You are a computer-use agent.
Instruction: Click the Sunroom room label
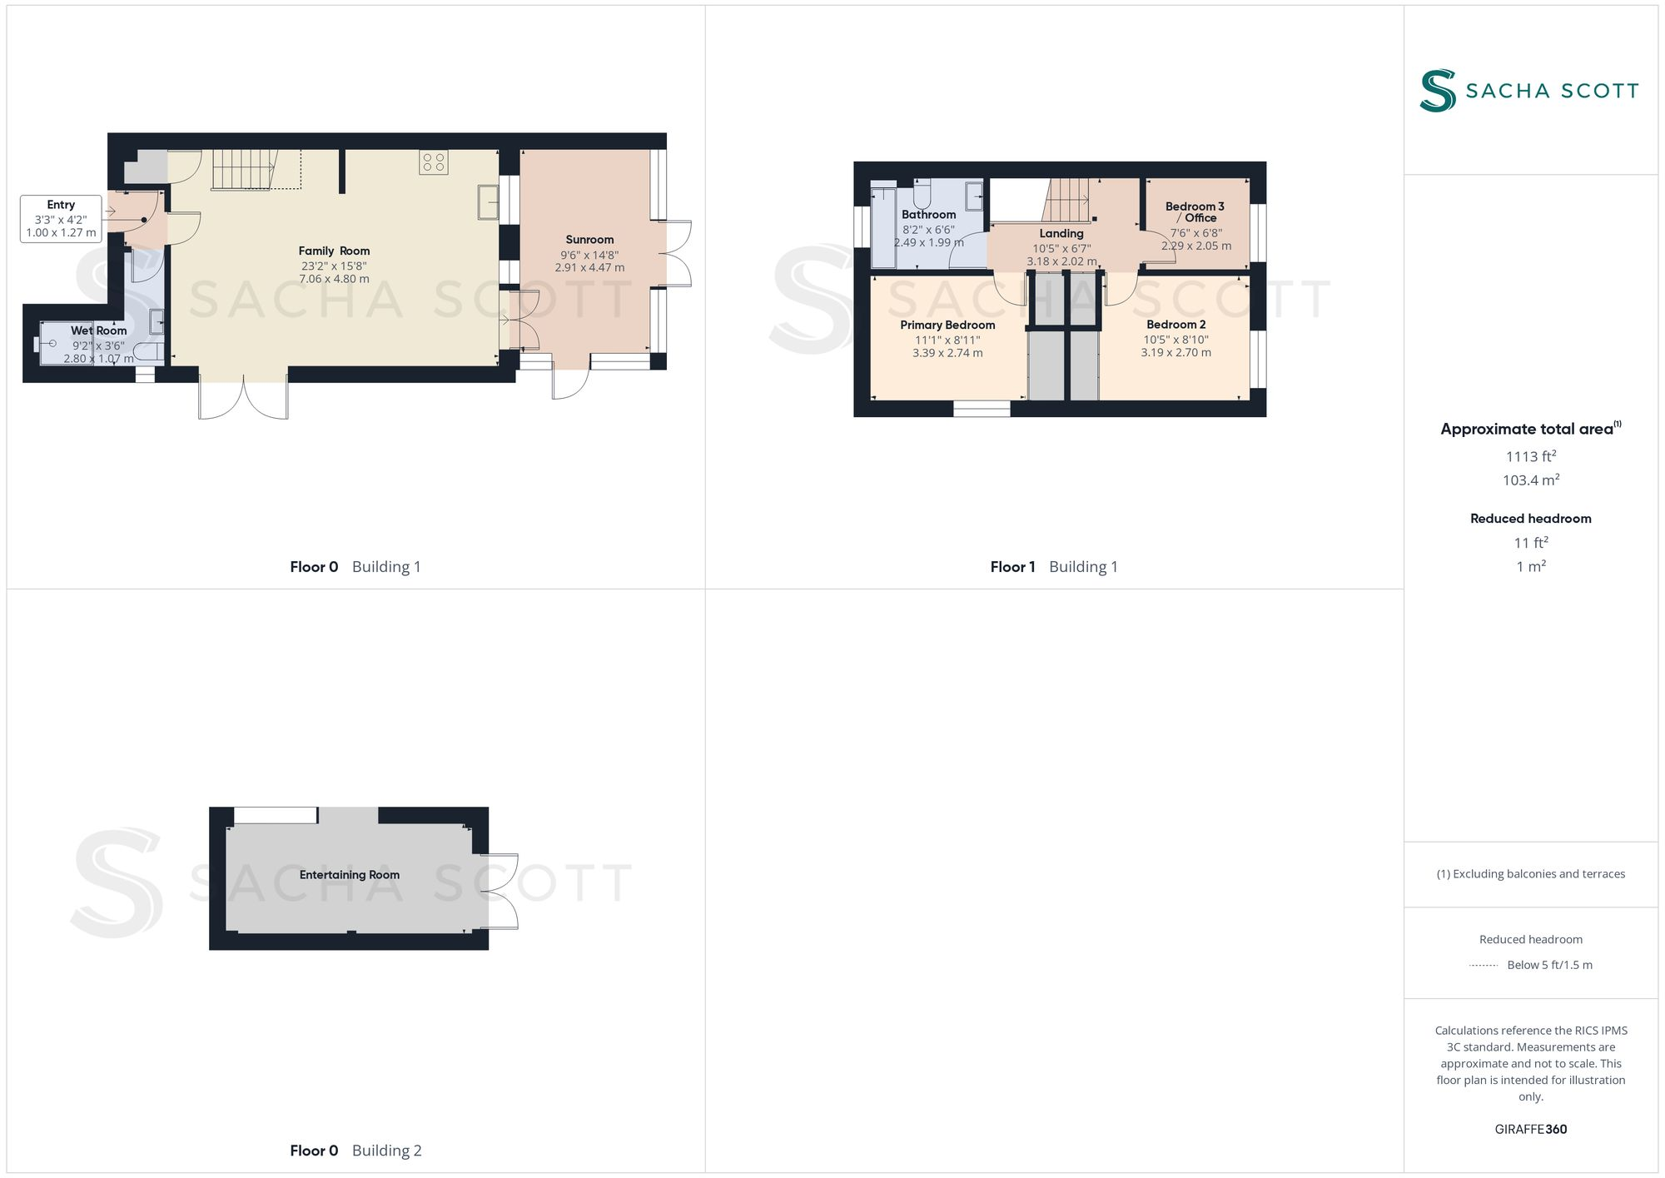589,240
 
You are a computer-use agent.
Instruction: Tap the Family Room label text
334,251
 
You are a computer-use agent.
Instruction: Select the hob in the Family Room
434,162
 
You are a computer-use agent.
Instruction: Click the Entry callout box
61,218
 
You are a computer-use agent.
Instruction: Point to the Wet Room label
99,331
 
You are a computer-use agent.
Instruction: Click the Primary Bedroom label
947,325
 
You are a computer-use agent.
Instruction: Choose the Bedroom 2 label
1175,324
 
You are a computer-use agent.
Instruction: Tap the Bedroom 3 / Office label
1195,211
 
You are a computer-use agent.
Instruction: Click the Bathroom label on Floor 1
928,215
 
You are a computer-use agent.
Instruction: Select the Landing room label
1061,234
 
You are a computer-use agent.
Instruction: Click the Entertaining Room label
350,875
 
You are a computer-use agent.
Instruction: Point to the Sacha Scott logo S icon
1438,91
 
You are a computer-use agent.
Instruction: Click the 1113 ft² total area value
1531,456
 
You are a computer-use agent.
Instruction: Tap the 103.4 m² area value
1531,480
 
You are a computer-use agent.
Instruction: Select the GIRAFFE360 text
1531,1130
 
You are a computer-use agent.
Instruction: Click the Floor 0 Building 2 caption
355,1151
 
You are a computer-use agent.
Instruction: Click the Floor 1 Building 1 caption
1054,567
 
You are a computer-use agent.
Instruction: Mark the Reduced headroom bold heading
1531,519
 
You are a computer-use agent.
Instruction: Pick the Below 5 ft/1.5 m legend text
1549,965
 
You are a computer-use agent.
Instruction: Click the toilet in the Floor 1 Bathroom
922,195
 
